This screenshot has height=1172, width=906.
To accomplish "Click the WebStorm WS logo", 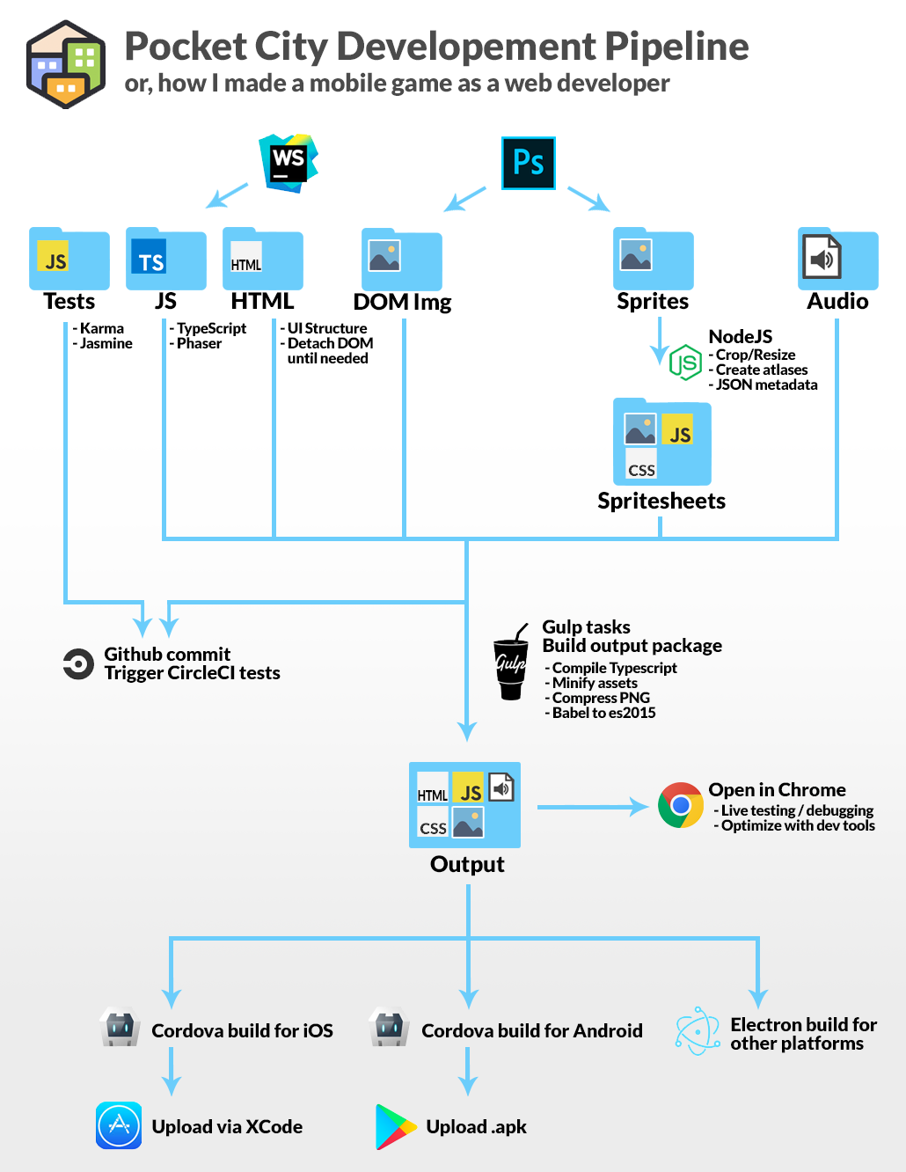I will [289, 163].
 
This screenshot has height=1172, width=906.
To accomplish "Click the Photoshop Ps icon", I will [528, 163].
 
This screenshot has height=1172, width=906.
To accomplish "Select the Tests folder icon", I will [69, 260].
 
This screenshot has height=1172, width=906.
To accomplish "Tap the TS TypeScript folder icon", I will [165, 260].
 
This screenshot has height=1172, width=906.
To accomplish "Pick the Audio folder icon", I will [837, 259].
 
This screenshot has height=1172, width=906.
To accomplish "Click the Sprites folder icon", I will [653, 259].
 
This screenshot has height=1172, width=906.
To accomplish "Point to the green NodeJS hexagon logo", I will [685, 362].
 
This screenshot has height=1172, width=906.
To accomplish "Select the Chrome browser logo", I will [680, 805].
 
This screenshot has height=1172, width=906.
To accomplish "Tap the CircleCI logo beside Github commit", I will [78, 664].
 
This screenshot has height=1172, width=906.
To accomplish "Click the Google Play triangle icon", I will [395, 1127].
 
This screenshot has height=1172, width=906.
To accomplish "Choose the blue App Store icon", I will [119, 1125].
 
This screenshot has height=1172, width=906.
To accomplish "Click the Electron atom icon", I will [698, 1031].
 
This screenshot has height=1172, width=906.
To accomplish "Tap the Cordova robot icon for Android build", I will [390, 1028].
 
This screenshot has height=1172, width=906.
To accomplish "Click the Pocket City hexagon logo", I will [66, 64].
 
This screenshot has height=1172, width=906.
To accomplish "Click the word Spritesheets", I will [661, 502].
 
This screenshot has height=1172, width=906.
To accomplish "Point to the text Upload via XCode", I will [227, 1127].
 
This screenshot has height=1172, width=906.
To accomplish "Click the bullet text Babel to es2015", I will [603, 713].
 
